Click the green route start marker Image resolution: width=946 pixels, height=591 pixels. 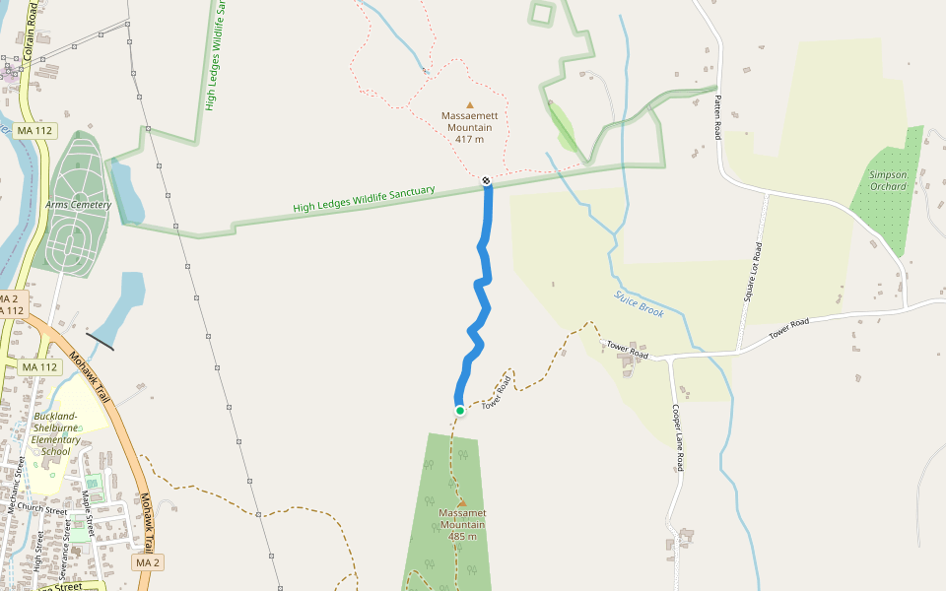(460, 411)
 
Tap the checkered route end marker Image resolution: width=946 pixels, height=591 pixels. (486, 180)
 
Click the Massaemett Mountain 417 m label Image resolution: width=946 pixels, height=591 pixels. (470, 127)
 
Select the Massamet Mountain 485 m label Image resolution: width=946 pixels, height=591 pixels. (462, 524)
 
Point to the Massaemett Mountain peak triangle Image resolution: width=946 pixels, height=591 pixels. (470, 104)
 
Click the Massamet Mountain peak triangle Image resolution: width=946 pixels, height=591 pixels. (462, 502)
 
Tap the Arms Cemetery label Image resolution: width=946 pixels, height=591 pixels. (78, 205)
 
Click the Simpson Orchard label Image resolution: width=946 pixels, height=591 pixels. (888, 180)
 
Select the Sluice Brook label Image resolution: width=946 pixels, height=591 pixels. (640, 303)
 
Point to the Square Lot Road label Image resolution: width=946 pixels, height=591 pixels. (752, 272)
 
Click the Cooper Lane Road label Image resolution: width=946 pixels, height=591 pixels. (677, 436)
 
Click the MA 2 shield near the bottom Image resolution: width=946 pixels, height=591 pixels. (148, 562)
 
